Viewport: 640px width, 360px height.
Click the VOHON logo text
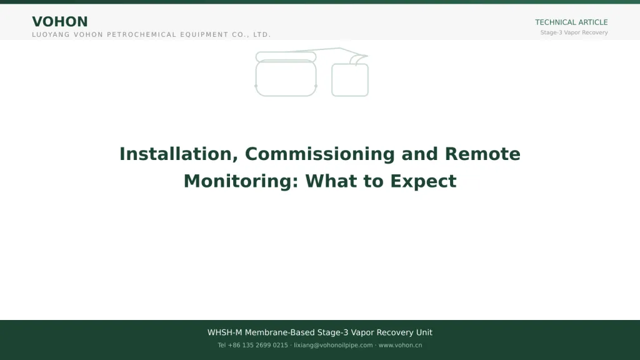[59, 22]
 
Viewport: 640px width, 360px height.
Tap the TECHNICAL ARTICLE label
[571, 22]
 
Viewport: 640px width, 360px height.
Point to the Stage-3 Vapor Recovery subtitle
[574, 32]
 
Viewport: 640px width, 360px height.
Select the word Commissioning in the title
[319, 154]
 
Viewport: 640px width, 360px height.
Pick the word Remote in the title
[482, 154]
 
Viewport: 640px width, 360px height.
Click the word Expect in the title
[423, 182]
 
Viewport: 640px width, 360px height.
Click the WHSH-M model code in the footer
[225, 332]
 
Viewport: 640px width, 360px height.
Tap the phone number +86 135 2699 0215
[258, 345]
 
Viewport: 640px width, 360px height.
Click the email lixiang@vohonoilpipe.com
[333, 345]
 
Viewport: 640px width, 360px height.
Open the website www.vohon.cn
[400, 345]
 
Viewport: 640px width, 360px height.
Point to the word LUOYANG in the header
[51, 35]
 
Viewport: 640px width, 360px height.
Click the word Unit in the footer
[424, 332]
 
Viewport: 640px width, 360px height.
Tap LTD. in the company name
[262, 35]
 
